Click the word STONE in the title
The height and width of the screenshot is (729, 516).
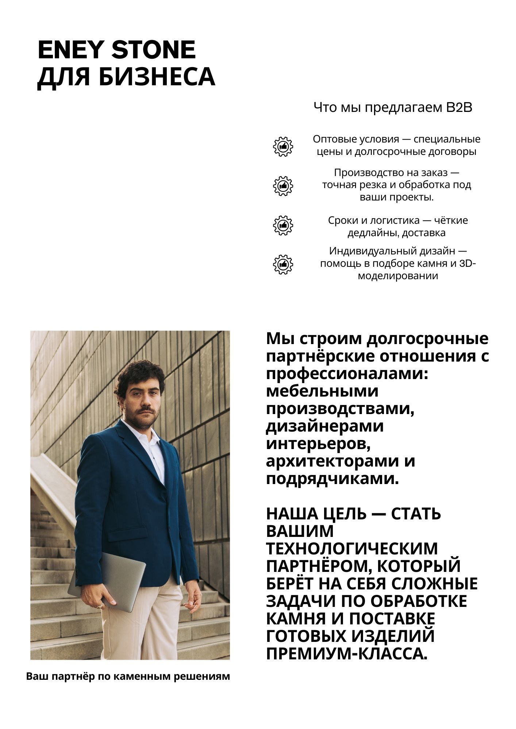click(x=153, y=50)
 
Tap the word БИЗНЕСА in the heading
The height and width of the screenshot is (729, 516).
click(x=157, y=77)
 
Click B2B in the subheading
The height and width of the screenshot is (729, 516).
click(x=459, y=108)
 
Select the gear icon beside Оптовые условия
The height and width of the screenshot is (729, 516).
click(x=283, y=147)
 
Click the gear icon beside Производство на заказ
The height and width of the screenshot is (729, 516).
click(x=283, y=186)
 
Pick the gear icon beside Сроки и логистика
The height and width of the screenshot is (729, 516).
click(x=283, y=225)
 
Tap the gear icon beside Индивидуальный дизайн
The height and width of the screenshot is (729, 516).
click(x=283, y=264)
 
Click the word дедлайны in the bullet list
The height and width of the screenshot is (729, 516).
click(x=371, y=233)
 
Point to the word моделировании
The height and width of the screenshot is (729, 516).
click(x=398, y=276)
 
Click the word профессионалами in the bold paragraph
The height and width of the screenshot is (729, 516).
click(x=347, y=374)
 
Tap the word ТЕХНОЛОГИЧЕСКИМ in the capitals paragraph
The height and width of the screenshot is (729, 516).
click(x=352, y=549)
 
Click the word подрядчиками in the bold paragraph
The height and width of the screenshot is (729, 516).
click(x=332, y=479)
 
